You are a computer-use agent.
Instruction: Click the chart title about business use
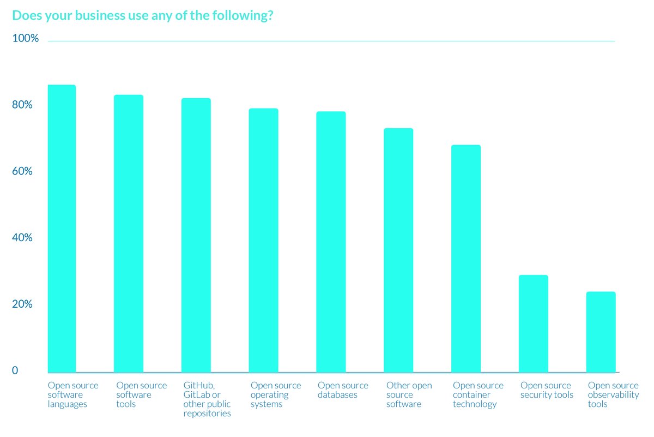143,16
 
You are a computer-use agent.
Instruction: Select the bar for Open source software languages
62,229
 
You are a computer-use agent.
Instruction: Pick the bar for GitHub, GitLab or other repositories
196,235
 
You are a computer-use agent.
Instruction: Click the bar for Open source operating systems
264,241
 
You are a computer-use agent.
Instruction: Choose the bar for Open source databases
331,242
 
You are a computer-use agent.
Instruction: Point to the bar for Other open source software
398,250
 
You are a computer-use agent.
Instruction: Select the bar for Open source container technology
466,259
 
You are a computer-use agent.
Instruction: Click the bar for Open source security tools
534,324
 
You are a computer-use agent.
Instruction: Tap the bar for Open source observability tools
601,332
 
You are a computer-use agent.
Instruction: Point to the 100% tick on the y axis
26,39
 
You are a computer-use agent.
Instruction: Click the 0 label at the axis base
15,371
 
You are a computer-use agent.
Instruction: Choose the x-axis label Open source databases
343,390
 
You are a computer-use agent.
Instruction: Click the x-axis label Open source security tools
547,390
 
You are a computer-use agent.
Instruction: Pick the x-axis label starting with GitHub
207,399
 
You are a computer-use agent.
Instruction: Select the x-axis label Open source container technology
478,395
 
